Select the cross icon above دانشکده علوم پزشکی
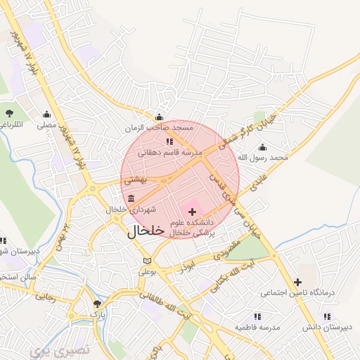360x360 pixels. click(193, 212)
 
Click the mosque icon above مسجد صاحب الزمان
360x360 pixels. click(160, 117)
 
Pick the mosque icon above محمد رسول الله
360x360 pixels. click(262, 147)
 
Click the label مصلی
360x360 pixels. click(46, 126)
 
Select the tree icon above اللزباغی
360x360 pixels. click(8, 112)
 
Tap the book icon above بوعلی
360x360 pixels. click(146, 261)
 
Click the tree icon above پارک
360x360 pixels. click(98, 304)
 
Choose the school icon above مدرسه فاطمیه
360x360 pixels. click(257, 317)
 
